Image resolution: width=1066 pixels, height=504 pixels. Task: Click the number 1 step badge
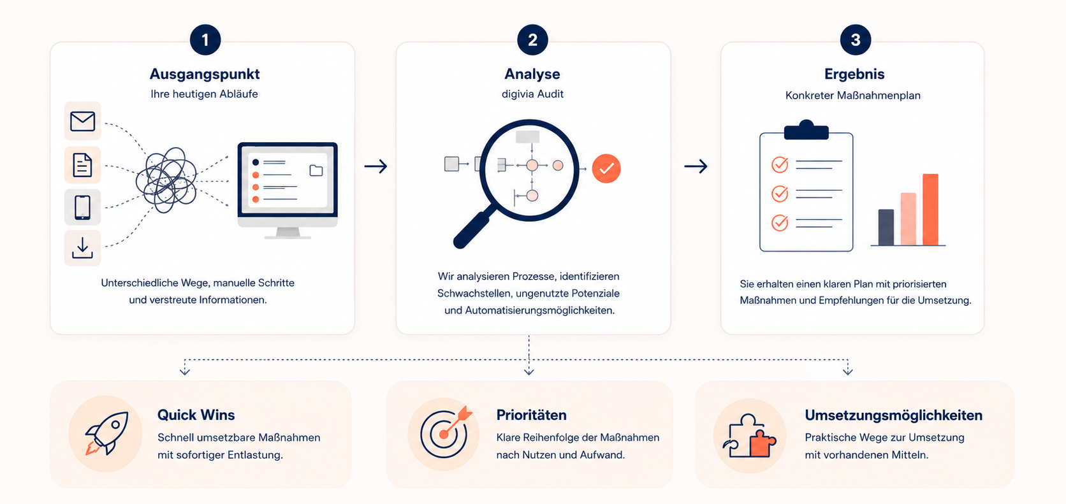coord(205,40)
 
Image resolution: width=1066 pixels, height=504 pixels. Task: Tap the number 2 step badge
coord(532,40)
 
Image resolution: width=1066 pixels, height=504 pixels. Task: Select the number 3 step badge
coord(856,40)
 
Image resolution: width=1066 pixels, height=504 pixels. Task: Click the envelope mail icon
coord(82,121)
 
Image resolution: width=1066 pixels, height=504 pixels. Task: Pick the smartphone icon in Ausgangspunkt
coord(82,207)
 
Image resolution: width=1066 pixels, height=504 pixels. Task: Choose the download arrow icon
coord(82,248)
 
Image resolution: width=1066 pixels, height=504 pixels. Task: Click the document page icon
coord(82,165)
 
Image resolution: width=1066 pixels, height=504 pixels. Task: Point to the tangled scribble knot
coord(166,180)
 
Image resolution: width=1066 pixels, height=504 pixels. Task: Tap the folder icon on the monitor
coord(316,170)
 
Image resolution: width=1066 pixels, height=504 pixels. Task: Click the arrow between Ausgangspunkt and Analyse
coord(376,166)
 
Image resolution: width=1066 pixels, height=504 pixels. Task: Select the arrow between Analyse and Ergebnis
coord(696,166)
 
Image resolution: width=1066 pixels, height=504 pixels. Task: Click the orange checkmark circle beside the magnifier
coord(606,168)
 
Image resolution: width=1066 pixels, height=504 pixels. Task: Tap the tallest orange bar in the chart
coord(930,210)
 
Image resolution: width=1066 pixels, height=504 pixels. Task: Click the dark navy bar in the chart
coord(886,227)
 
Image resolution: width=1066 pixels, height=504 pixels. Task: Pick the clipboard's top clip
coord(806,130)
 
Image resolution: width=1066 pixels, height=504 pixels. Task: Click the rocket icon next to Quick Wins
coord(106,433)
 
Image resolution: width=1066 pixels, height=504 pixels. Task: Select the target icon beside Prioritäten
coord(446,432)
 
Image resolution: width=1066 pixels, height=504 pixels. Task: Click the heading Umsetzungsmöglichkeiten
coord(894,415)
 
